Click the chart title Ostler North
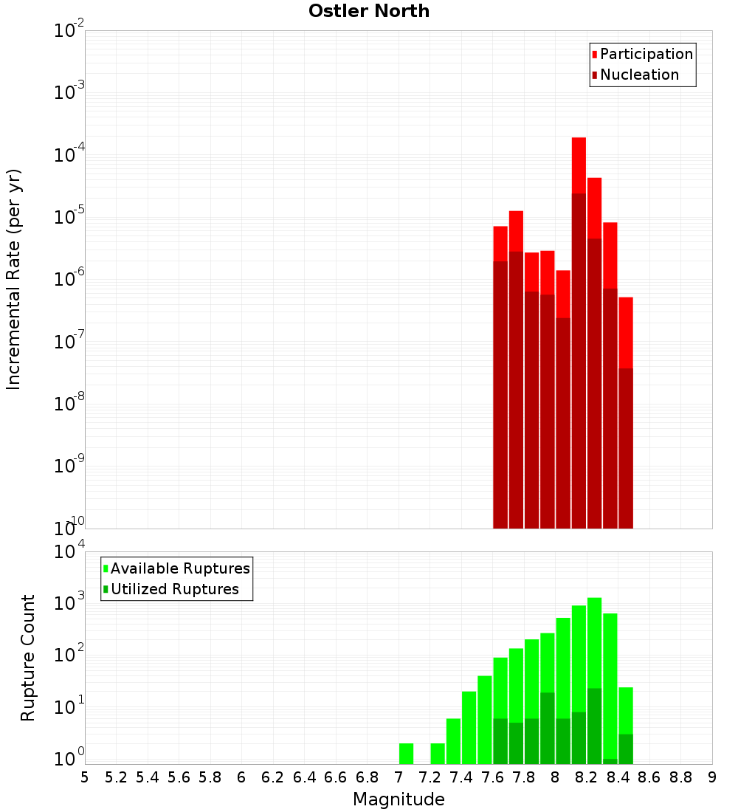coord(368,11)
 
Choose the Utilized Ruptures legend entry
coord(174,589)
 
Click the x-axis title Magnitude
coord(399,799)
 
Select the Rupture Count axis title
coord(28,658)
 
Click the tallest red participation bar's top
coord(579,139)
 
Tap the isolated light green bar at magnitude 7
coord(406,753)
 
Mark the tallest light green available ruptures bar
coord(594,599)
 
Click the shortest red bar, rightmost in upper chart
coord(626,299)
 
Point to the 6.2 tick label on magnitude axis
coord(273,777)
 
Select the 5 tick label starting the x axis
coord(85,777)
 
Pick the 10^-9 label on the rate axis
coord(69,466)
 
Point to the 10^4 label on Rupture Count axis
coord(69,552)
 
